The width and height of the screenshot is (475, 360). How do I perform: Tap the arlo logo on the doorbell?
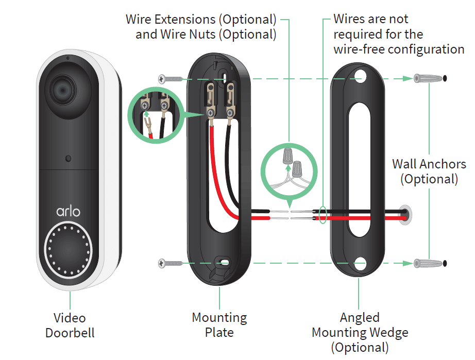click(69, 211)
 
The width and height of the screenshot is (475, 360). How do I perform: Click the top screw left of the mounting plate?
click(171, 79)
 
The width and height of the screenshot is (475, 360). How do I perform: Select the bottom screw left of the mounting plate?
click(171, 263)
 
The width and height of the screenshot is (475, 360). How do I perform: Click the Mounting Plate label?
click(219, 324)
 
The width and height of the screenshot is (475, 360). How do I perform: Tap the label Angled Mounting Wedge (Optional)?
click(360, 332)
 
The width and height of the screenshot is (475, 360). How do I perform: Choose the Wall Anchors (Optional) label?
click(429, 172)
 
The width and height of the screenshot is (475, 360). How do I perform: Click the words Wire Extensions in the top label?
click(170, 20)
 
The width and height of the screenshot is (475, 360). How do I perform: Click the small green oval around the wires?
click(323, 214)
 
